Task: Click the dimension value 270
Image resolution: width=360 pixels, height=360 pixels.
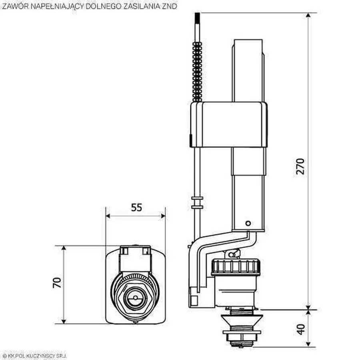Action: click(300, 166)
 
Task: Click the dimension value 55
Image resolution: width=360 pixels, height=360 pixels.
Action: click(136, 207)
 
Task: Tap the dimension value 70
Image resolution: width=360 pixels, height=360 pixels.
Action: click(57, 283)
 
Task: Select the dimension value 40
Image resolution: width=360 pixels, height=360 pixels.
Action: click(301, 328)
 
